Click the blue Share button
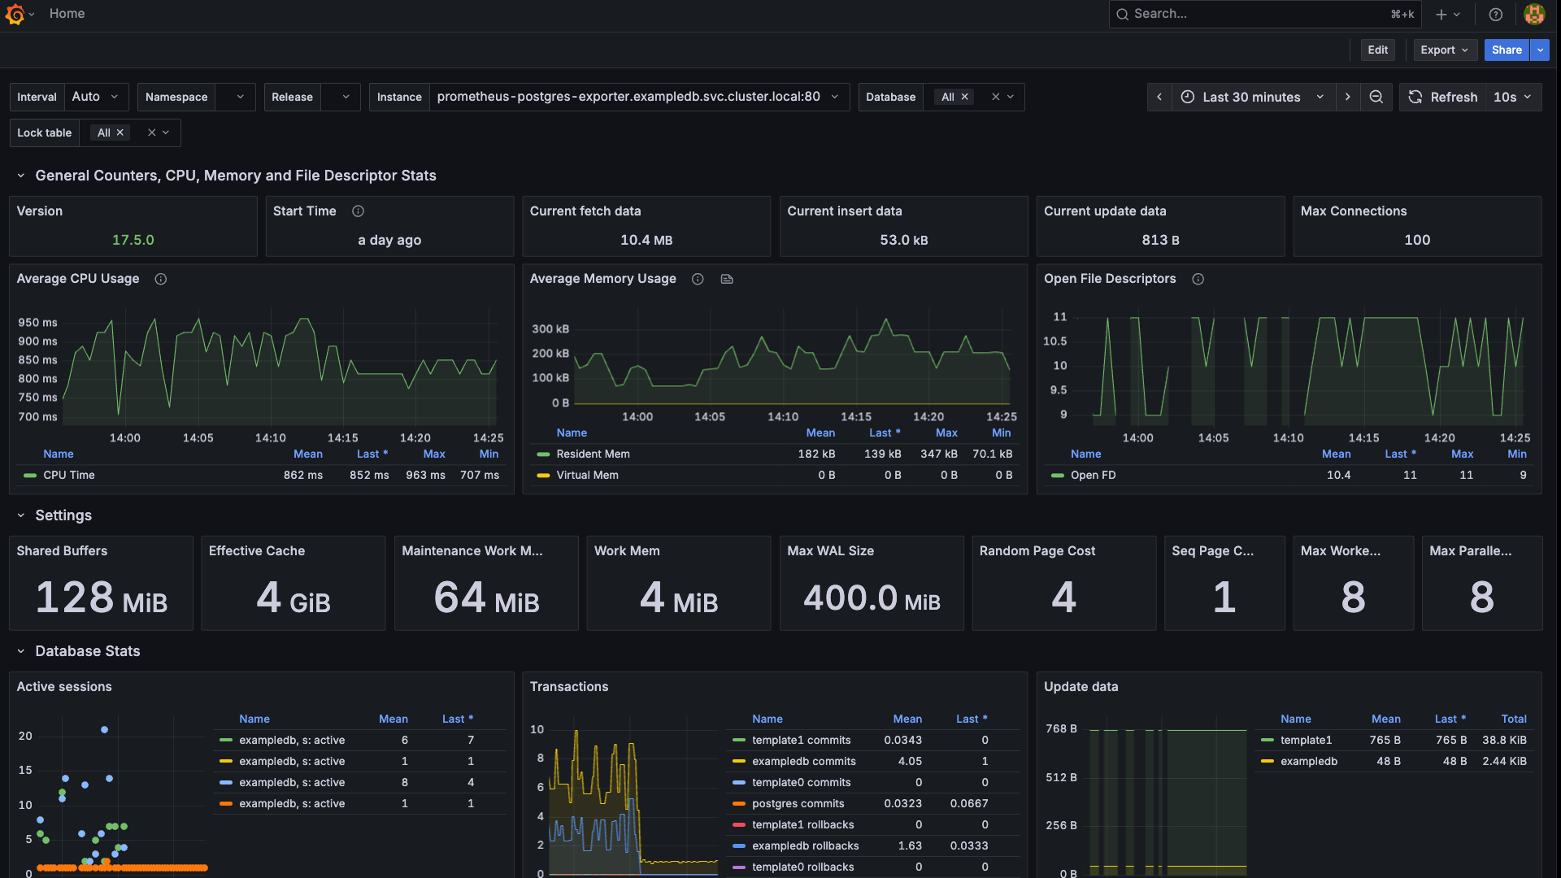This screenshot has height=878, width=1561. [x=1506, y=50]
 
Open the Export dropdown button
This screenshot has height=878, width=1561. [x=1444, y=50]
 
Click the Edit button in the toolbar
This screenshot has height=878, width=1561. [x=1377, y=50]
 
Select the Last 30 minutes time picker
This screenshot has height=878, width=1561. [x=1252, y=97]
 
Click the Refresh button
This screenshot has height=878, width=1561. [x=1443, y=97]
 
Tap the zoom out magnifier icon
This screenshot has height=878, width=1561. [x=1376, y=97]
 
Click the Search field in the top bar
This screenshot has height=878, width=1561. [x=1252, y=14]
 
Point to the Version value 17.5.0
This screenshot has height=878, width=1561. [x=133, y=240]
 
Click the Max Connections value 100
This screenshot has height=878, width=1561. [x=1417, y=240]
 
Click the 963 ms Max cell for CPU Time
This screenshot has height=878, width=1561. [x=425, y=475]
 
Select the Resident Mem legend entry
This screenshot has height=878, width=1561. [x=593, y=454]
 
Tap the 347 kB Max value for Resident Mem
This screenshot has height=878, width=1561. [x=938, y=454]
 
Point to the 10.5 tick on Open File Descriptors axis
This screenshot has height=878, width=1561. [x=1054, y=341]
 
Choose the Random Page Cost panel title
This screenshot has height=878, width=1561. [x=1037, y=550]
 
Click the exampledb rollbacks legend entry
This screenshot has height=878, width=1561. [x=805, y=845]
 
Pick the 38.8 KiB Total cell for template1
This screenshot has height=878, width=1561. [x=1504, y=740]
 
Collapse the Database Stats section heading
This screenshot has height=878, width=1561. [x=87, y=651]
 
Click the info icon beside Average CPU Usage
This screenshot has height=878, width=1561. [x=161, y=279]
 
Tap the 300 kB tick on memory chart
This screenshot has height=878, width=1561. [x=550, y=329]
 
